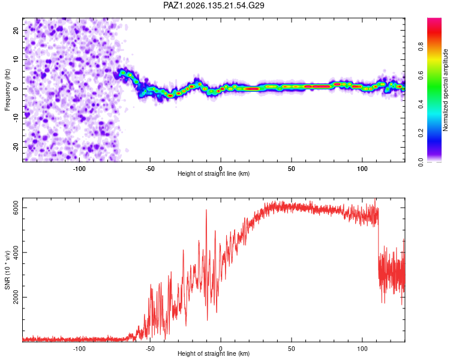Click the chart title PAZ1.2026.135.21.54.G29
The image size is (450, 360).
pyautogui.click(x=214, y=5)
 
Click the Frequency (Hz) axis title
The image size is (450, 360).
pyautogui.click(x=7, y=90)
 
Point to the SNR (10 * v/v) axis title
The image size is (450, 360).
pyautogui.click(x=7, y=270)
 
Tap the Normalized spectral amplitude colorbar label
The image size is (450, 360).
pyautogui.click(x=445, y=90)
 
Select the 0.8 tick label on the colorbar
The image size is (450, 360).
pyautogui.click(x=421, y=46)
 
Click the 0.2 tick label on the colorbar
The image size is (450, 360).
pyautogui.click(x=421, y=133)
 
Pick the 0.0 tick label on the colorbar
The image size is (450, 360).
pyautogui.click(x=421, y=162)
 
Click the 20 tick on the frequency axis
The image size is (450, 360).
pyautogui.click(x=16, y=30)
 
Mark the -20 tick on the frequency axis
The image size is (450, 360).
pyautogui.click(x=16, y=147)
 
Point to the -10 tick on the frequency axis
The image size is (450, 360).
pyautogui.click(x=16, y=118)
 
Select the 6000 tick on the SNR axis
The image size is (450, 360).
pyautogui.click(x=16, y=208)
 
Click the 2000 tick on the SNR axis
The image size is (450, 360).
pyautogui.click(x=16, y=297)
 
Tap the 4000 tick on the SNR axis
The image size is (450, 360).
pyautogui.click(x=16, y=253)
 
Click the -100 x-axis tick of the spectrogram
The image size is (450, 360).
pyautogui.click(x=79, y=169)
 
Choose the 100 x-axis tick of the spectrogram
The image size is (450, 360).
pyautogui.click(x=362, y=169)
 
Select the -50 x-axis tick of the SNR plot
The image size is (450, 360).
pyautogui.click(x=150, y=349)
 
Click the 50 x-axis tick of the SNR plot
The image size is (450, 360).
pyautogui.click(x=291, y=349)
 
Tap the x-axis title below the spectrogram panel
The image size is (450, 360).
pyautogui.click(x=214, y=173)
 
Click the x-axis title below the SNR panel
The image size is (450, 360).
pyautogui.click(x=214, y=353)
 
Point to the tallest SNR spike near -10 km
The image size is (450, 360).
pyautogui.click(x=206, y=210)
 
